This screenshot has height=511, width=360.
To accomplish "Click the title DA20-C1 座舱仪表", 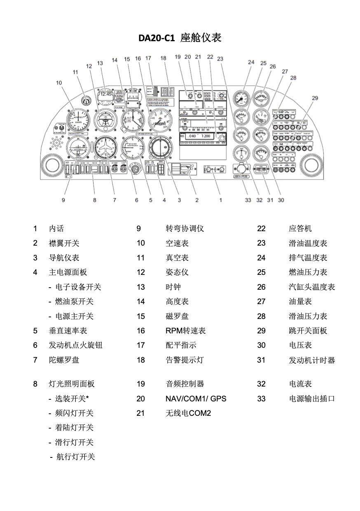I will coord(180,38).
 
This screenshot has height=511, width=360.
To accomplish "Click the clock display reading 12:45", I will coord(105,94).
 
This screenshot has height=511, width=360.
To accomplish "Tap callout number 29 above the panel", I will coord(315,98).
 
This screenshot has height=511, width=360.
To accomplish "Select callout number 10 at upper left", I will coord(59,82).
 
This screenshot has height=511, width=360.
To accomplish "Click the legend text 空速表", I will coord(177,243).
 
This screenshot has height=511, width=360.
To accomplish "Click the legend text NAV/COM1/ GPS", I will coord(196,398).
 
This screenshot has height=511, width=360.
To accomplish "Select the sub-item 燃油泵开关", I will coord(75,302).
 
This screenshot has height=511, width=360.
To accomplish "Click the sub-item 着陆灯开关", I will coord(75,427).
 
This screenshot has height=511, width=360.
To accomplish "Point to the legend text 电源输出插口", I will coord(312,398).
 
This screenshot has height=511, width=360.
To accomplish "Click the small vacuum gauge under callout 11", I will coord(85,100).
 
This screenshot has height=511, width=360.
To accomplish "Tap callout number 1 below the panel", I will coord(221,200).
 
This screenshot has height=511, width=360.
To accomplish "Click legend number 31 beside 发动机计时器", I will coord(261,360).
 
